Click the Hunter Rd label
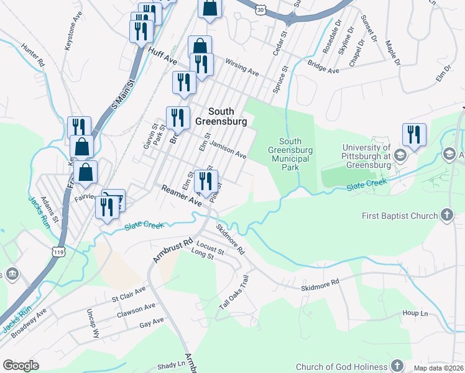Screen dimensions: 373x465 tap(32, 54)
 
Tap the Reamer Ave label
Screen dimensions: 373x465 tap(182, 195)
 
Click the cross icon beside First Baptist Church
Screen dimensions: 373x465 tap(446, 216)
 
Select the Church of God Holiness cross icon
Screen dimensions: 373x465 tap(398, 366)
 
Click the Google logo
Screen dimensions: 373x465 tap(21, 366)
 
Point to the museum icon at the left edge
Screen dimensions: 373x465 tap(12, 274)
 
